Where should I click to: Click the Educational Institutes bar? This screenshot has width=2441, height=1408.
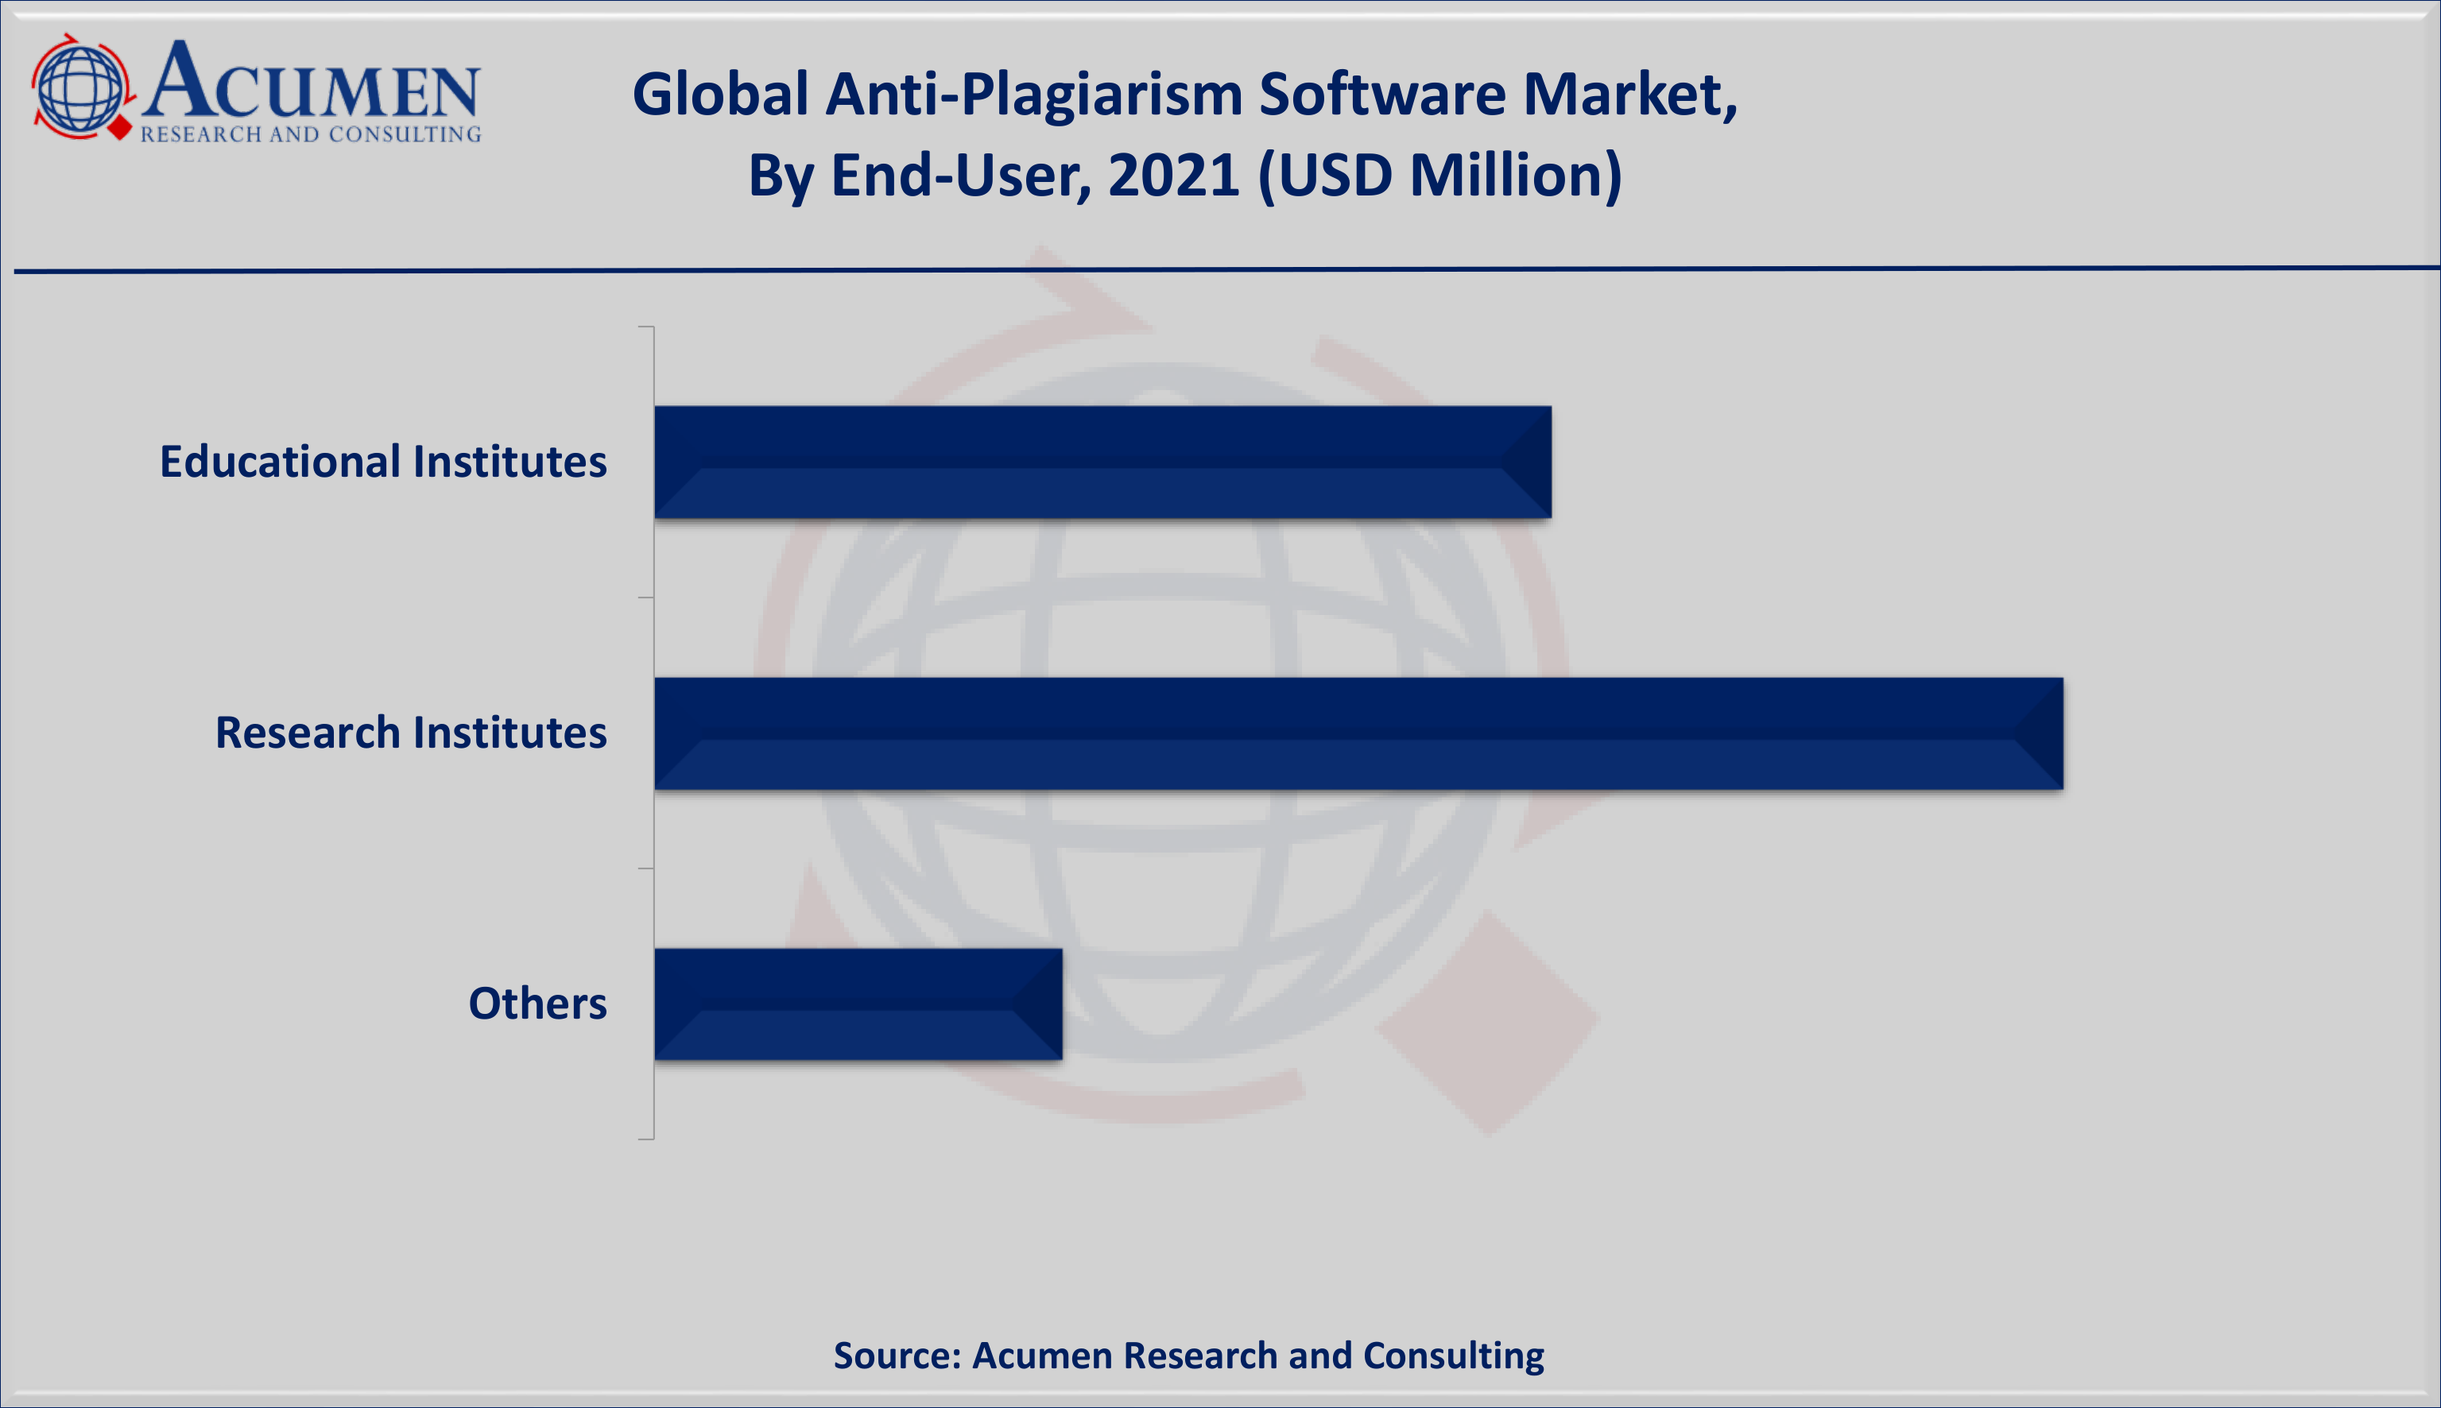click(1102, 462)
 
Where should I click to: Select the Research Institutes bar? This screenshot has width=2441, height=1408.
click(1358, 733)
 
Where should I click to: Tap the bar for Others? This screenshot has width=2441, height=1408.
click(858, 1004)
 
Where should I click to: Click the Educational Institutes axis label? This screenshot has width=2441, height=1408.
click(383, 462)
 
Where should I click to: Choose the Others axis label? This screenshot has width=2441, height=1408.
click(537, 1004)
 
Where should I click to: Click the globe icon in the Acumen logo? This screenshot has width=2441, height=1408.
click(80, 88)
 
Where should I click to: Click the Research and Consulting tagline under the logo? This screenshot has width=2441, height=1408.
click(311, 134)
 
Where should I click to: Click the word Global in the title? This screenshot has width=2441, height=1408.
click(720, 95)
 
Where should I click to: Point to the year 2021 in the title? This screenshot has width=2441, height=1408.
click(1174, 176)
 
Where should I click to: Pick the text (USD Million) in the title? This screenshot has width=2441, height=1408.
click(1440, 176)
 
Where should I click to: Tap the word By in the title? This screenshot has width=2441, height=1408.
click(780, 176)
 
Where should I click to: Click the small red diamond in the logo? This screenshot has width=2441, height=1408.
click(120, 126)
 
